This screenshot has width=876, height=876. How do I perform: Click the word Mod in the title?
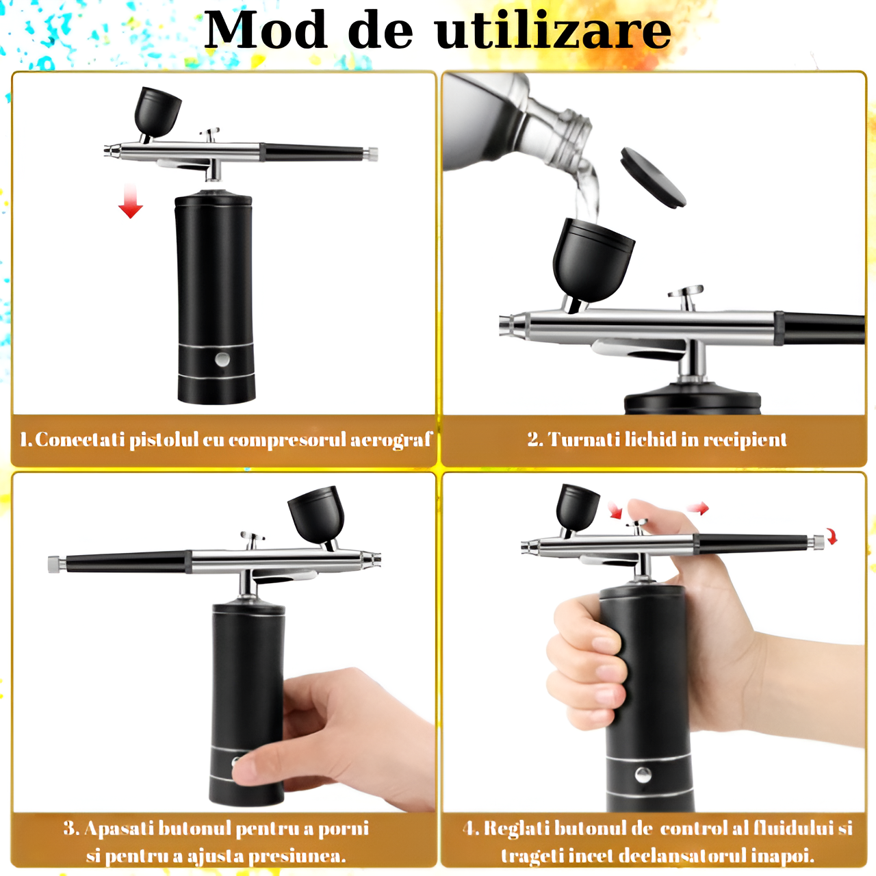click(x=266, y=31)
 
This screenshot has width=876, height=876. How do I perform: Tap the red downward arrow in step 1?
click(x=131, y=201)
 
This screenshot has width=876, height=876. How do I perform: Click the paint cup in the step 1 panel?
click(x=157, y=112)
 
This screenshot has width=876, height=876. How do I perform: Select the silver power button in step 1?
click(x=222, y=359)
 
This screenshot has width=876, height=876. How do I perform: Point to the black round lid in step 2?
click(x=654, y=177)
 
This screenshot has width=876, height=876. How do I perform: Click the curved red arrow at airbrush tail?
click(x=832, y=535)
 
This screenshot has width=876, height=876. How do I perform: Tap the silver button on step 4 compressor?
click(x=643, y=775)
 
